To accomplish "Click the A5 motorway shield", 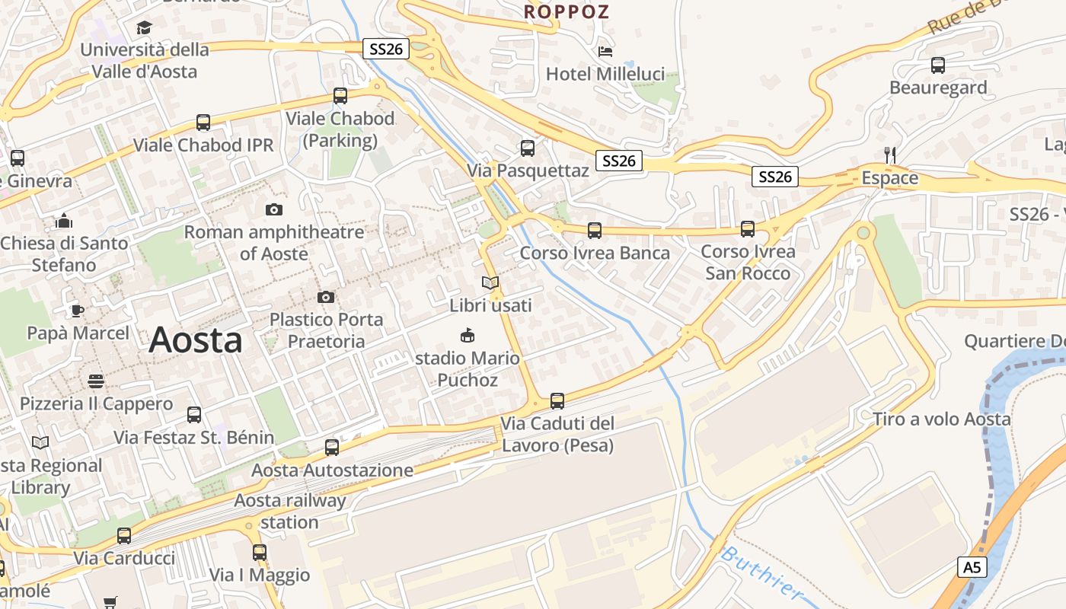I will coord(972,567).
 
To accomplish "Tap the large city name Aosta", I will coord(196,340).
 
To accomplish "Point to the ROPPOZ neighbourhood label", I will coord(567,11).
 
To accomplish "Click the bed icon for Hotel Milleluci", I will coord(605,51).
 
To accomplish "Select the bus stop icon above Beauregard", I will coord(937,65).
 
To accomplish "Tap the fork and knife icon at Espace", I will coord(889,155).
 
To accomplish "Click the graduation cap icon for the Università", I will coord(144,28).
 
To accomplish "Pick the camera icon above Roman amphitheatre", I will coord(274,209).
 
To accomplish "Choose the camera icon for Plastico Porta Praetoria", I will coord(326,297).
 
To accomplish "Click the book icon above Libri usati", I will coord(490,283).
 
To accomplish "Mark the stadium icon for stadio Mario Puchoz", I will coord(468,335).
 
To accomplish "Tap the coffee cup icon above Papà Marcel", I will coord(77,311).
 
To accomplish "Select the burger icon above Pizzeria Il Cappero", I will coord(96,381).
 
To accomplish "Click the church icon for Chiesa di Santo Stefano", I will coord(64,221).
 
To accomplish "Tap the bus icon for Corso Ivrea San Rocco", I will coord(748,228).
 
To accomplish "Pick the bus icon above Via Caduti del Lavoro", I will coord(557,400).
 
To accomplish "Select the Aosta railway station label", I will coord(289,512).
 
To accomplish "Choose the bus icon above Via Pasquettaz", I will coord(528,148).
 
